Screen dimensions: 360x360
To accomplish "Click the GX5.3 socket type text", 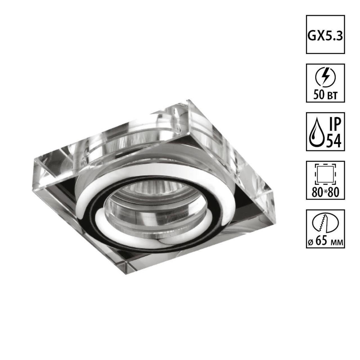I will (x=325, y=35).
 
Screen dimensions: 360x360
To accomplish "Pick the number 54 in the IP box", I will (x=333, y=141).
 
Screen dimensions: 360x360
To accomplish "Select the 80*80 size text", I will (x=325, y=193).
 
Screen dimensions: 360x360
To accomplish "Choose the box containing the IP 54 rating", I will (x=325, y=132).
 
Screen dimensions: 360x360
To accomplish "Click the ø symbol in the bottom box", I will (x=310, y=242).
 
